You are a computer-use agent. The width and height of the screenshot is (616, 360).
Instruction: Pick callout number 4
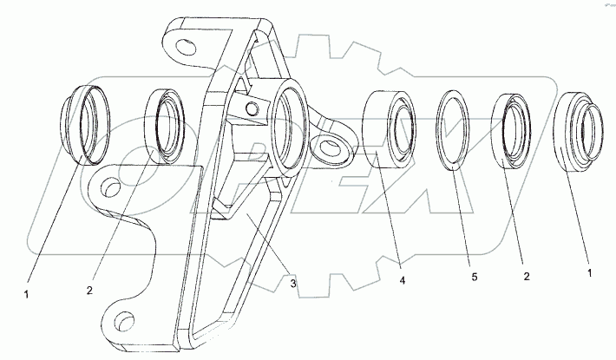tap(402, 279)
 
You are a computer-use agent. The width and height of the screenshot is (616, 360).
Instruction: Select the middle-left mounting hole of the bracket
tap(110, 187)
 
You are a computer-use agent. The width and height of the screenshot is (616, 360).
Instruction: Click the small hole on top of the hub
tap(250, 108)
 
